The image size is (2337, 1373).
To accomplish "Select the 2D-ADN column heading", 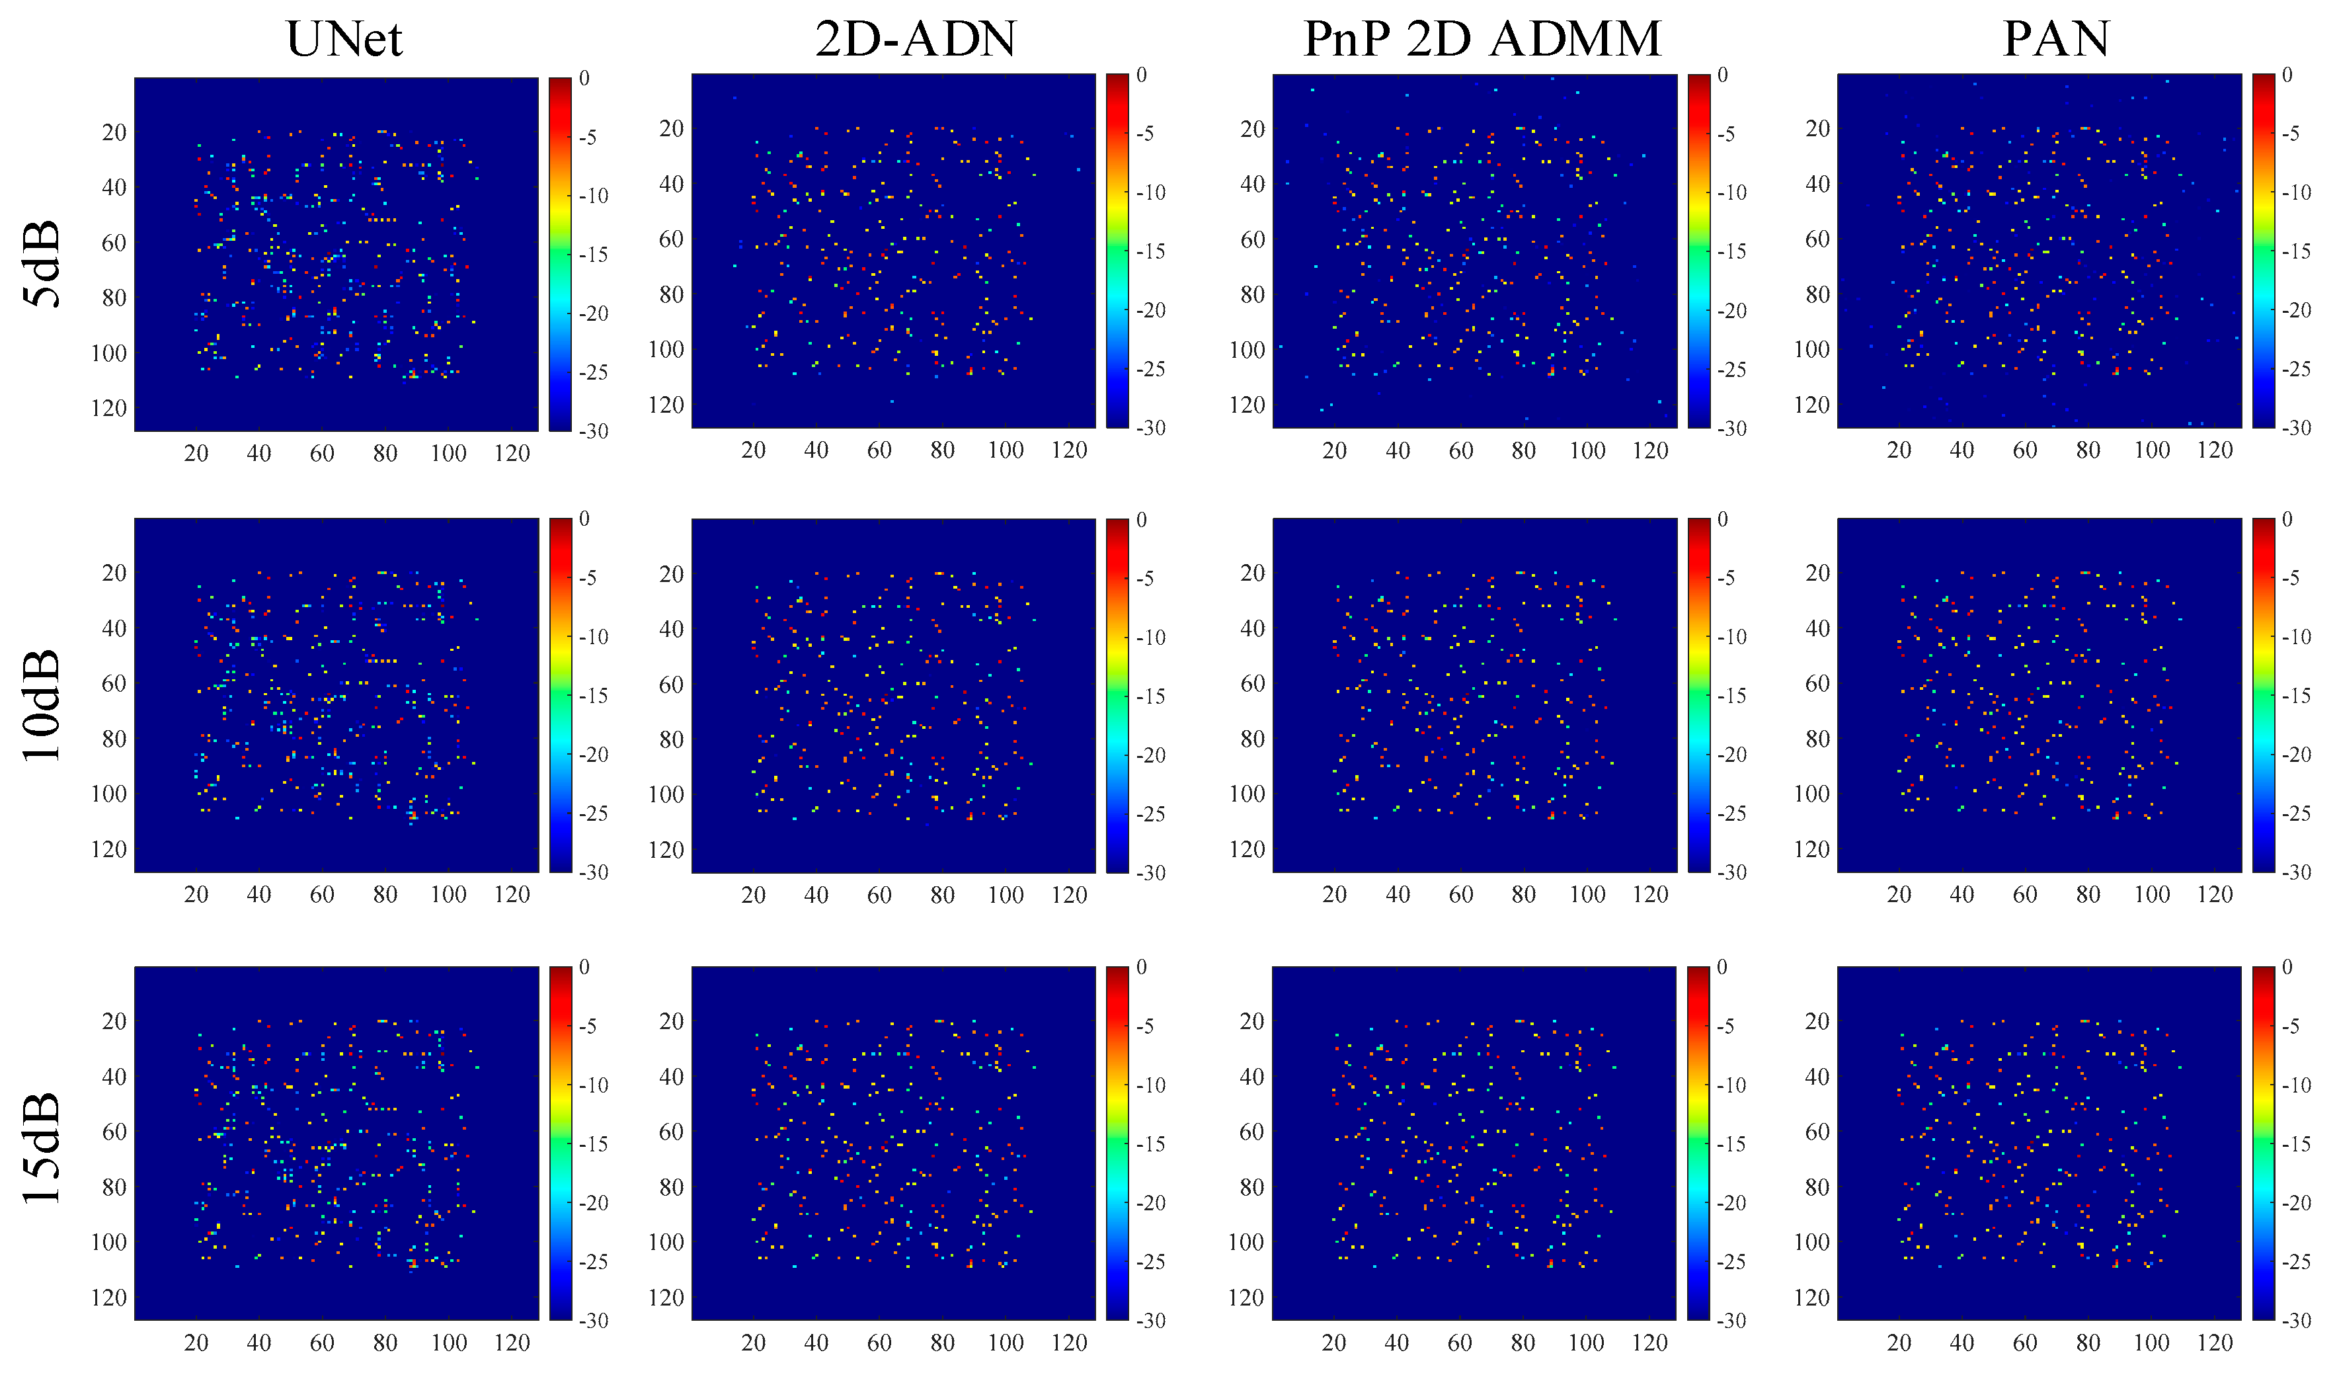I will (x=916, y=39).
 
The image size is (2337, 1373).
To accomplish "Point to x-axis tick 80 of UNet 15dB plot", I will (x=385, y=1343).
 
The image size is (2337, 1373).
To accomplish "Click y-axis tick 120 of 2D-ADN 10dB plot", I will (x=666, y=850).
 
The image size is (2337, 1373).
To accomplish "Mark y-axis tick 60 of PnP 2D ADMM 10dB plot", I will (x=1252, y=684).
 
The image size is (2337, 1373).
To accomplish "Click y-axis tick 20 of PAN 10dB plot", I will (x=1817, y=573).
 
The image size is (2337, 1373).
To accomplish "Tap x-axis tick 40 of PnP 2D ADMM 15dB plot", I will (x=1397, y=1343).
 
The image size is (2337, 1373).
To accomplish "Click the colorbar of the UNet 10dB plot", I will (x=560, y=695).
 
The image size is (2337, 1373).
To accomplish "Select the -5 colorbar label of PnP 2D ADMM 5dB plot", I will (x=1727, y=134).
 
